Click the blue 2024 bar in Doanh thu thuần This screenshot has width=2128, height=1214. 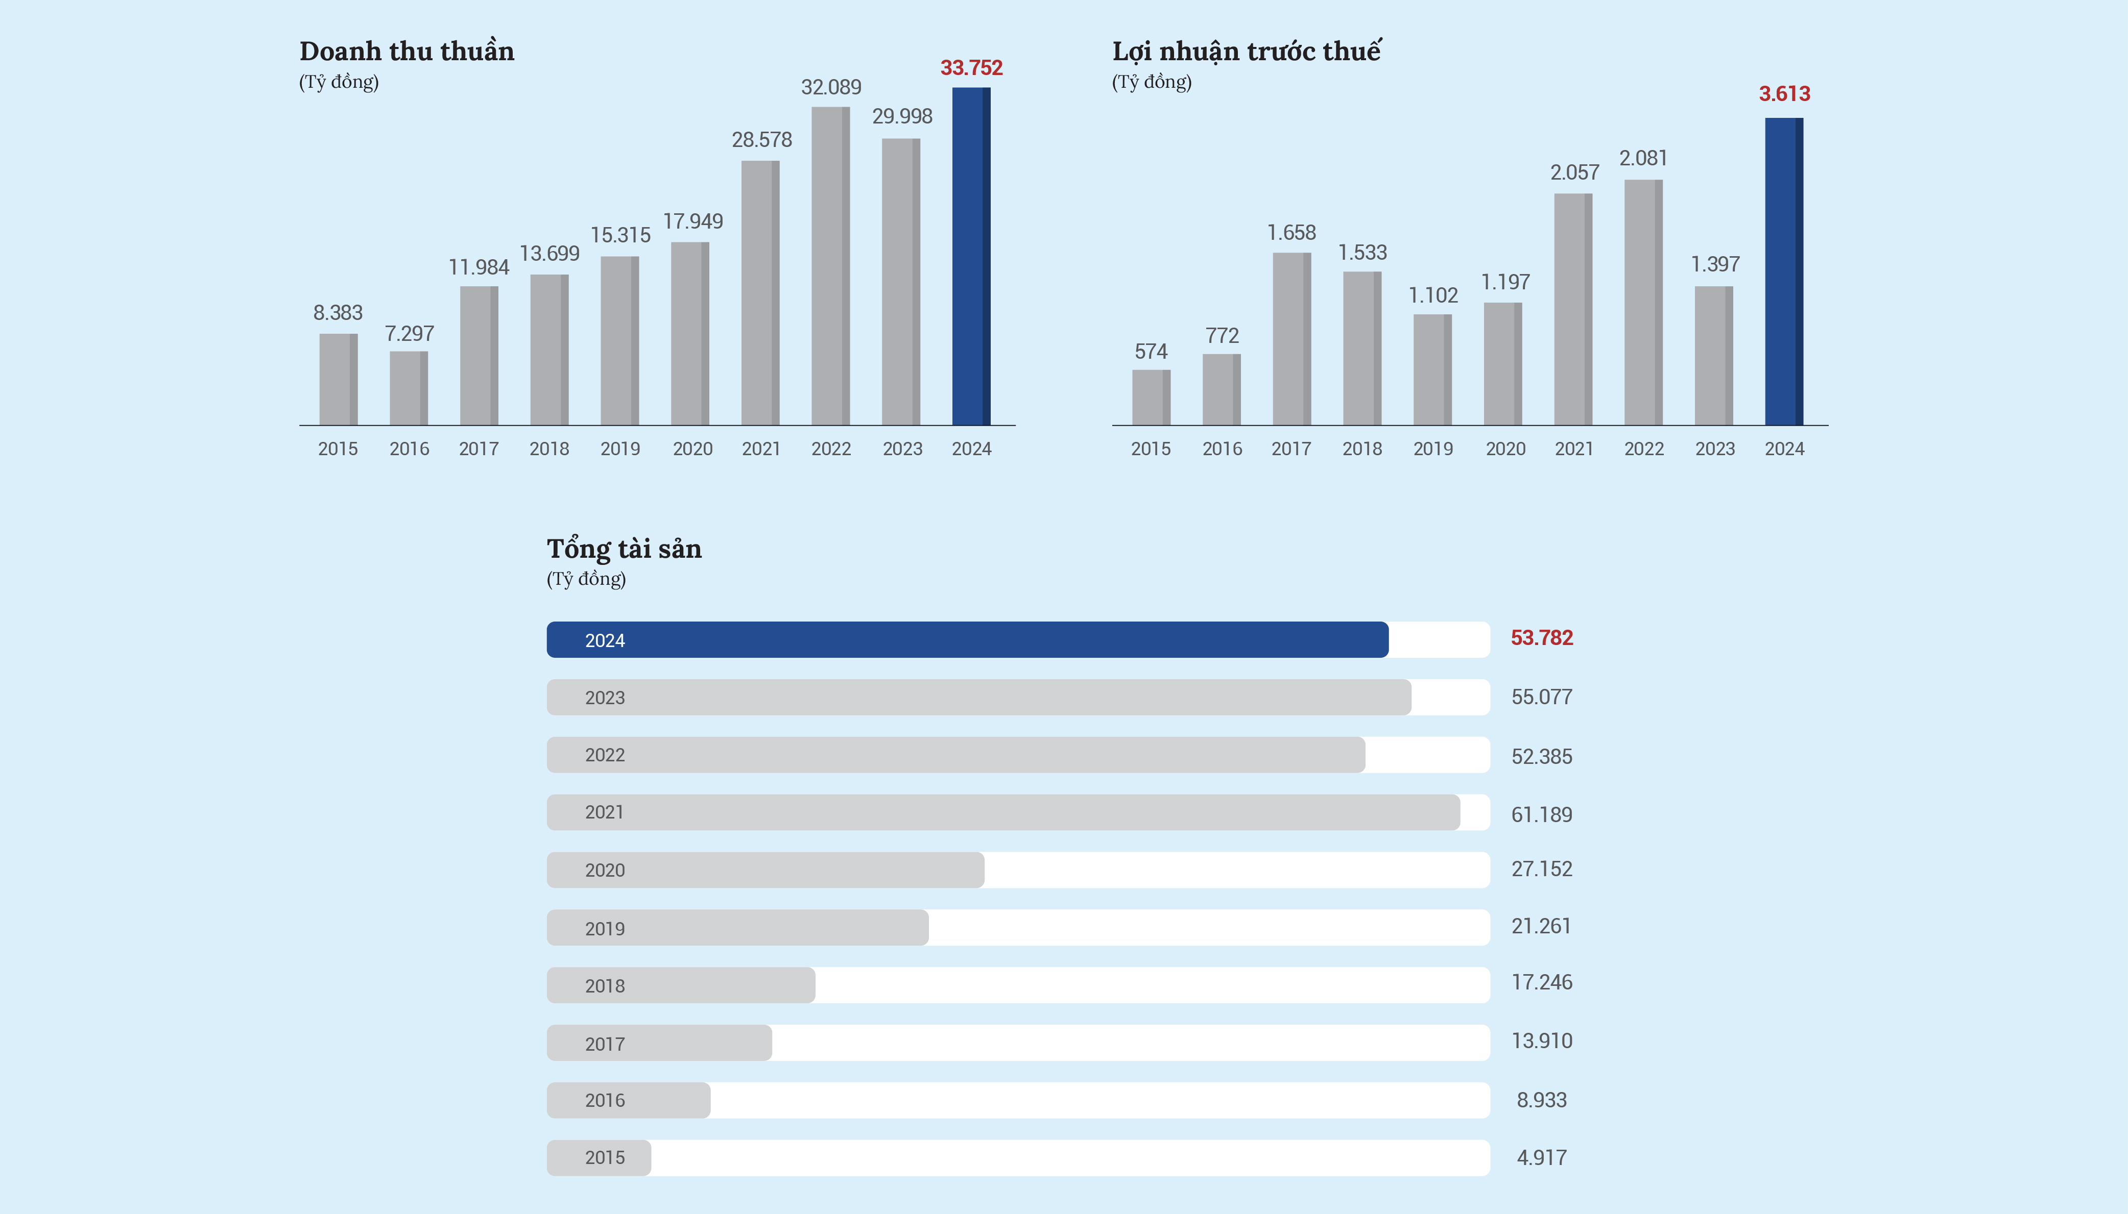tap(971, 257)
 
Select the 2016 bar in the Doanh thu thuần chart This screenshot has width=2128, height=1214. tap(409, 388)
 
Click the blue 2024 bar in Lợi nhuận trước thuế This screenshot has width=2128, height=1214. tap(1783, 272)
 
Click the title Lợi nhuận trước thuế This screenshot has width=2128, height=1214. tap(1246, 52)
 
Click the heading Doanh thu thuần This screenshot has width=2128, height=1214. tap(407, 52)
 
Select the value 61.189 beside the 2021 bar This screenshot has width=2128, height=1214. tap(1542, 814)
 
